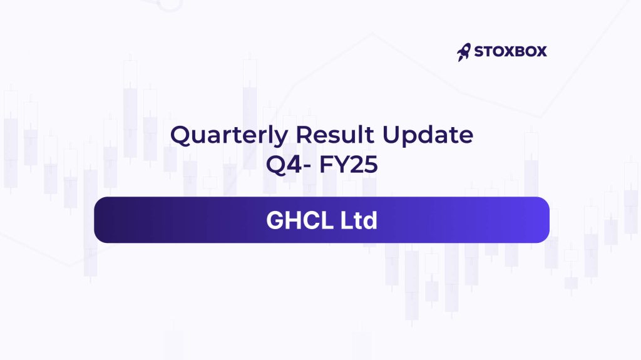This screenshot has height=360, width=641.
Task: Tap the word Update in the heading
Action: pos(428,136)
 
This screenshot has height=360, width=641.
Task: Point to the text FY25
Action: pos(348,165)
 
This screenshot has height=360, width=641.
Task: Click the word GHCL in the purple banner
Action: pos(300,220)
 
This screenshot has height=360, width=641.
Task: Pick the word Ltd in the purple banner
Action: pos(359,220)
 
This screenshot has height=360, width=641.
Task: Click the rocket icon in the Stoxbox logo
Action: pos(464,52)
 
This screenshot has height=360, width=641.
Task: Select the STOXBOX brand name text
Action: pos(510,51)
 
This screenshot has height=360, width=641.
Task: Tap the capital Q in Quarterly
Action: pos(180,135)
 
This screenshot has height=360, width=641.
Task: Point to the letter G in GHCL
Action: pos(275,220)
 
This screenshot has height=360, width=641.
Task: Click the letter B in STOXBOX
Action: pos(516,51)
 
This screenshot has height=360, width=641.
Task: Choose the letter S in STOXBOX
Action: pos(479,51)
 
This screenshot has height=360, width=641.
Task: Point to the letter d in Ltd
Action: pos(369,220)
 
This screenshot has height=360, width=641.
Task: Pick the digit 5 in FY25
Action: pos(371,165)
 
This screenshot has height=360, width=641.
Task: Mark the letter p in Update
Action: pos(411,138)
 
